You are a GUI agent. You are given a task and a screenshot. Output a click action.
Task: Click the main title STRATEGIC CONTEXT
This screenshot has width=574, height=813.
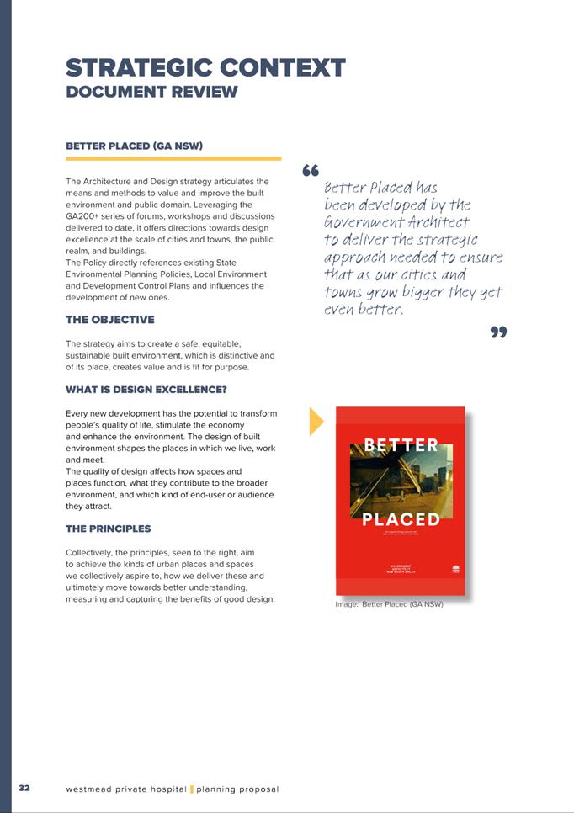click(205, 67)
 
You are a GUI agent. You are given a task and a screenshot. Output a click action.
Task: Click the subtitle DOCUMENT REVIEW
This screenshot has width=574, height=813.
click(151, 92)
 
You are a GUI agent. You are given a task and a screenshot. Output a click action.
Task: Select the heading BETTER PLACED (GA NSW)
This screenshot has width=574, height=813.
click(133, 146)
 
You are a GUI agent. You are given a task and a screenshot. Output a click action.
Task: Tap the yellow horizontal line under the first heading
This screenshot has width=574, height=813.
click(173, 158)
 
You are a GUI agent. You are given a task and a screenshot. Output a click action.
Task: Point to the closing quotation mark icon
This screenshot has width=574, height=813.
click(498, 333)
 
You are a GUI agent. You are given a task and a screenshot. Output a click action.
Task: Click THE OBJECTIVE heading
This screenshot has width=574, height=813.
click(109, 320)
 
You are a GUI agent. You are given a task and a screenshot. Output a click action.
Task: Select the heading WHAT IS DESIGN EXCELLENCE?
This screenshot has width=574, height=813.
click(146, 391)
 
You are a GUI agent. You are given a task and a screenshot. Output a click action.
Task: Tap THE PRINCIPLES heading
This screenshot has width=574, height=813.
click(108, 529)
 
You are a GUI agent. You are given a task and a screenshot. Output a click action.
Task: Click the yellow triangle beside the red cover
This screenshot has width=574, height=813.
click(316, 421)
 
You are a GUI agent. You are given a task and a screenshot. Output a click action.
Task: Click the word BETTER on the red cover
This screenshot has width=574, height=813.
click(401, 445)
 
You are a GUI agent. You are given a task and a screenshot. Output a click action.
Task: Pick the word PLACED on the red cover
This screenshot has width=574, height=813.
click(401, 519)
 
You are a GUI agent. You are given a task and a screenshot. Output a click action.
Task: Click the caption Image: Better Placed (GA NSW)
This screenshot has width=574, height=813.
click(389, 604)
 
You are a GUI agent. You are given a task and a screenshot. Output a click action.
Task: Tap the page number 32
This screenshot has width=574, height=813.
click(24, 788)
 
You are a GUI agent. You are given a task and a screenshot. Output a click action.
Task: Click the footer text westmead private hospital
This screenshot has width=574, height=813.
click(125, 789)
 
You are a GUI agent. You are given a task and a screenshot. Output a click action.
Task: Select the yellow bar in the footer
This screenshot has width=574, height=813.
click(192, 789)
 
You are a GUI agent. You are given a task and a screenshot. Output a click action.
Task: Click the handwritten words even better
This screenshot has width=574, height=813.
click(364, 310)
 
